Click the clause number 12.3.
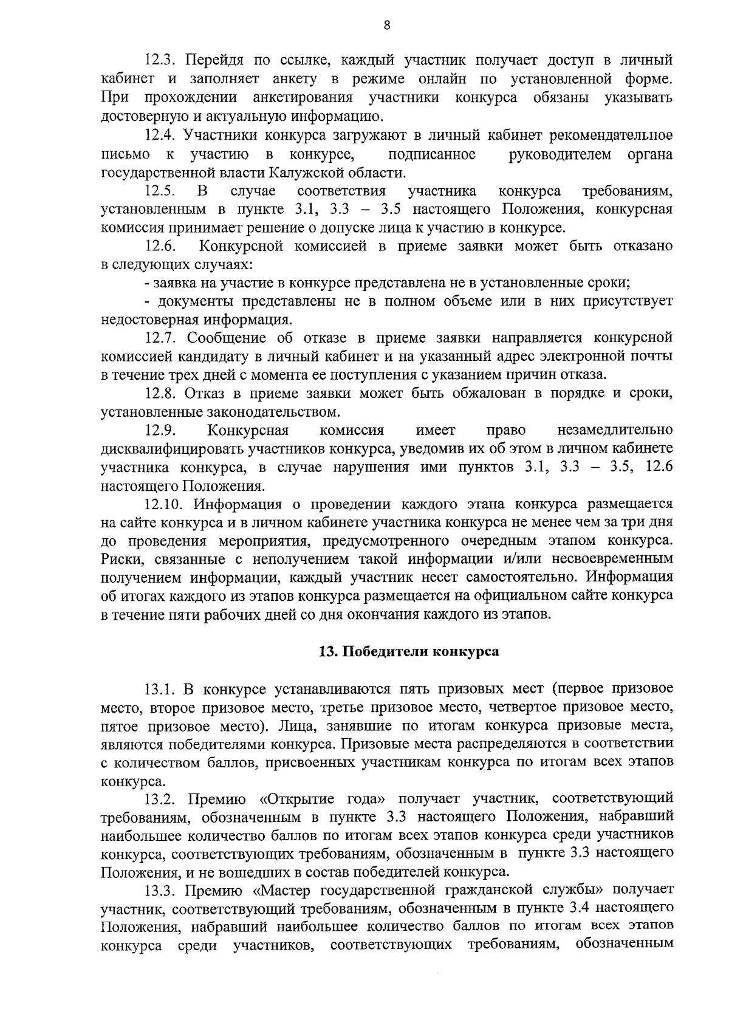(160, 60)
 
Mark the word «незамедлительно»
(615, 431)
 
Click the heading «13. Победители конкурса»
(409, 652)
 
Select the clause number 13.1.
(160, 690)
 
